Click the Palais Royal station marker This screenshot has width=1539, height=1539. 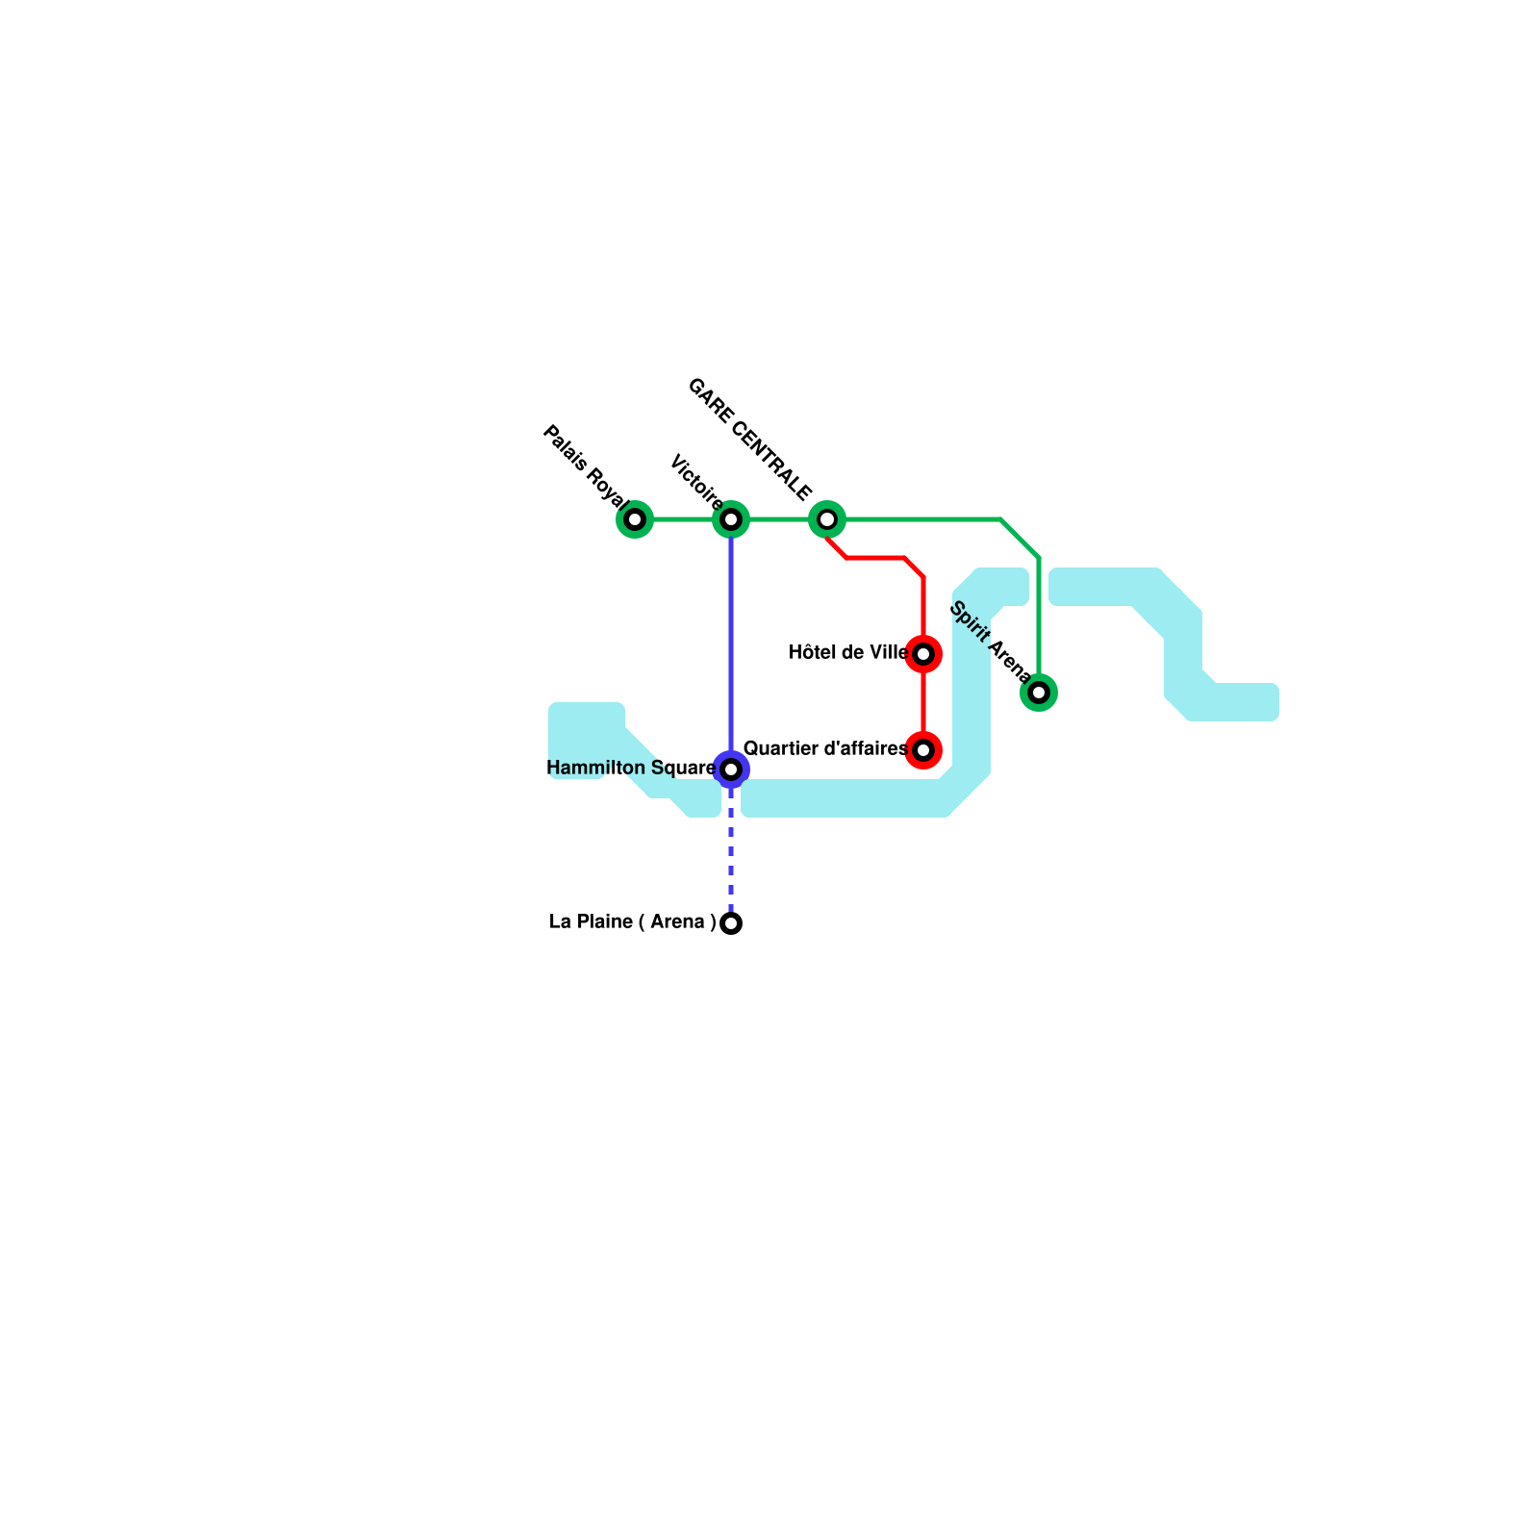[635, 519]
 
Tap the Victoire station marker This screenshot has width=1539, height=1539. [731, 519]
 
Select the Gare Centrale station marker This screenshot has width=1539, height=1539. [827, 519]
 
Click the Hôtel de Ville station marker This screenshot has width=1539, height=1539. [923, 654]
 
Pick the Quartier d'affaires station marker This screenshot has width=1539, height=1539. [923, 749]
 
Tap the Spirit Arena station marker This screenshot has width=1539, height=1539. [1039, 693]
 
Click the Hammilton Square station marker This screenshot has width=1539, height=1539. [731, 769]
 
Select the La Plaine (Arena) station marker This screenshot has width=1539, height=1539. [731, 923]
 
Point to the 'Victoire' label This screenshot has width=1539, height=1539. [696, 481]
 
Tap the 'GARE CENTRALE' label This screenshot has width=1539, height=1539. [750, 441]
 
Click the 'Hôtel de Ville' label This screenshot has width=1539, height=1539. [847, 653]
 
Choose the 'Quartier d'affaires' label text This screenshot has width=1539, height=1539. [825, 748]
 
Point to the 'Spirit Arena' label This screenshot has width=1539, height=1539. [990, 642]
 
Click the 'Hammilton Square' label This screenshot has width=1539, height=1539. [631, 769]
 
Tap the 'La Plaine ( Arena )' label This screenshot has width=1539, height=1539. [632, 922]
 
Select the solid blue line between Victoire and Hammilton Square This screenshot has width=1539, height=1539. [731, 644]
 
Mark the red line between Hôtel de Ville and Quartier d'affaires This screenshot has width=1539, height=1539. [923, 702]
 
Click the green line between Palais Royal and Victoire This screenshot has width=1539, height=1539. [683, 519]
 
